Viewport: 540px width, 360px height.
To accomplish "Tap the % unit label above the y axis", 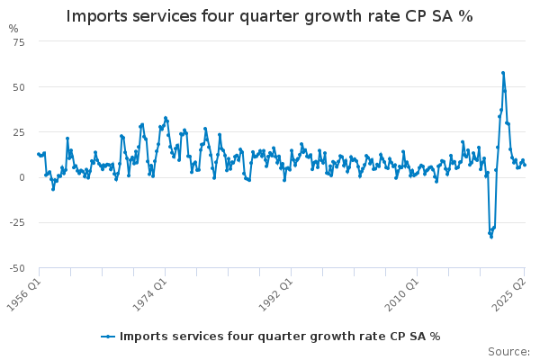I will (x=13, y=29).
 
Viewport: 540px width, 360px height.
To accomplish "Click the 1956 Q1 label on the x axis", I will (x=25, y=290).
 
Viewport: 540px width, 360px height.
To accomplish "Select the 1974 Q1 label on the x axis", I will (x=148, y=290).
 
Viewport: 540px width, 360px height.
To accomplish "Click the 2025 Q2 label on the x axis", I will (x=513, y=290).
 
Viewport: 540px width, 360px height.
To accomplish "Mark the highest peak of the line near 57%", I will (x=503, y=73).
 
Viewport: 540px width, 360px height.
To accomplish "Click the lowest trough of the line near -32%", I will (x=490, y=236).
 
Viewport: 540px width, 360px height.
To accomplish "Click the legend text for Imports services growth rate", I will (x=280, y=337).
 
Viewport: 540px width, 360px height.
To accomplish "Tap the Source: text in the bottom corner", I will (x=508, y=351).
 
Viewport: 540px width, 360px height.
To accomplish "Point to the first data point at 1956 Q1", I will (x=38, y=154).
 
